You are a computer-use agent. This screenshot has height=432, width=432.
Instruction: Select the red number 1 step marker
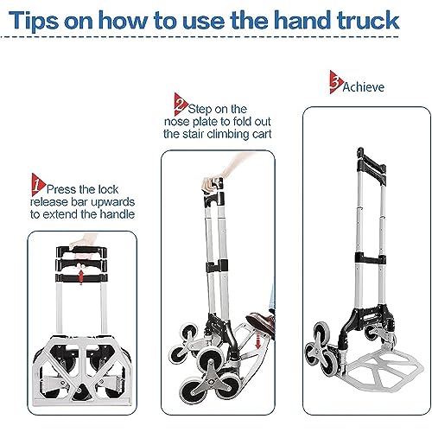click(x=38, y=185)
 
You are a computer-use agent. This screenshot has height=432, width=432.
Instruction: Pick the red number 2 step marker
click(x=181, y=105)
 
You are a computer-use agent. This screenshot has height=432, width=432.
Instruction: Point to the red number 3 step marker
click(x=336, y=82)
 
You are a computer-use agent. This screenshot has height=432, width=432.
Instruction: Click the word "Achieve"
click(x=364, y=87)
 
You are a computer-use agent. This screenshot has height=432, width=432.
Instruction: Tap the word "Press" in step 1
click(x=61, y=189)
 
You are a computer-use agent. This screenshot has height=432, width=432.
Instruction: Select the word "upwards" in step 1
click(x=113, y=202)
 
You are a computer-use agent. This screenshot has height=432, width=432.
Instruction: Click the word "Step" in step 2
click(x=200, y=110)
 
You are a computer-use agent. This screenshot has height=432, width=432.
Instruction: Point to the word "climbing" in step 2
click(x=227, y=134)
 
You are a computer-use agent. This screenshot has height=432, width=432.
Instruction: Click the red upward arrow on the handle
click(x=81, y=275)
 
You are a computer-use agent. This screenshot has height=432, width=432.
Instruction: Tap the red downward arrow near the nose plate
click(x=257, y=339)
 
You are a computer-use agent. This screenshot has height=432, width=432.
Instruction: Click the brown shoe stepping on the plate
click(x=260, y=322)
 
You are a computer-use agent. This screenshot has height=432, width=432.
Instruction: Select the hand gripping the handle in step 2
click(x=213, y=184)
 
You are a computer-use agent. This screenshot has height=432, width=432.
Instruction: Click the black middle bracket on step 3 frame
click(x=371, y=257)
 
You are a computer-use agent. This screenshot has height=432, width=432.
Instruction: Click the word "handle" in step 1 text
click(x=118, y=214)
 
